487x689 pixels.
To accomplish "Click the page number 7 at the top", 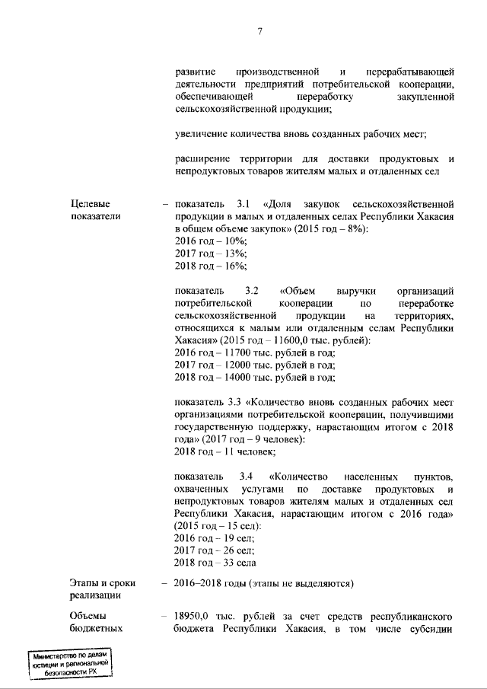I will [x=259, y=31].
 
